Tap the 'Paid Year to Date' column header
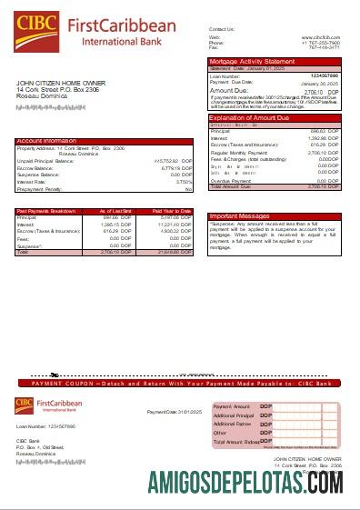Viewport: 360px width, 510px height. click(x=169, y=211)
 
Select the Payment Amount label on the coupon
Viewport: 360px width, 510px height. click(x=231, y=405)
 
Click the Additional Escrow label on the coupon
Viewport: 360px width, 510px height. click(x=233, y=424)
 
